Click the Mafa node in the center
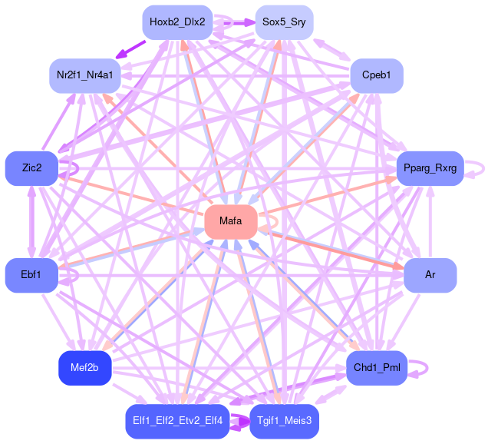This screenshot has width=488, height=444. click(230, 221)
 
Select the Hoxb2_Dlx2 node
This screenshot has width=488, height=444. click(177, 22)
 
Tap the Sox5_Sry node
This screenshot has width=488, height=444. click(284, 22)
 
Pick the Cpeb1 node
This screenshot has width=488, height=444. click(377, 75)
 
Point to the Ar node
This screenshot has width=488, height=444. click(430, 274)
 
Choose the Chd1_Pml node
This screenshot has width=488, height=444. click(377, 366)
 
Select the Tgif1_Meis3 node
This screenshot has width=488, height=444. click(284, 420)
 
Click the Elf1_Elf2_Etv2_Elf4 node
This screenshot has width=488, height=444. click(177, 420)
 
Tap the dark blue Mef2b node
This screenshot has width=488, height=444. click(85, 366)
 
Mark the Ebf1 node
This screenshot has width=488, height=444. click(31, 274)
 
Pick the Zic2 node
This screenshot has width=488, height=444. click(31, 167)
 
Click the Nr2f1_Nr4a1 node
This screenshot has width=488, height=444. click(85, 75)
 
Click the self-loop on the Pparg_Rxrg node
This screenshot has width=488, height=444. click(481, 167)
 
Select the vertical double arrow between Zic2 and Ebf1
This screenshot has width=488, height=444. click(31, 221)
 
